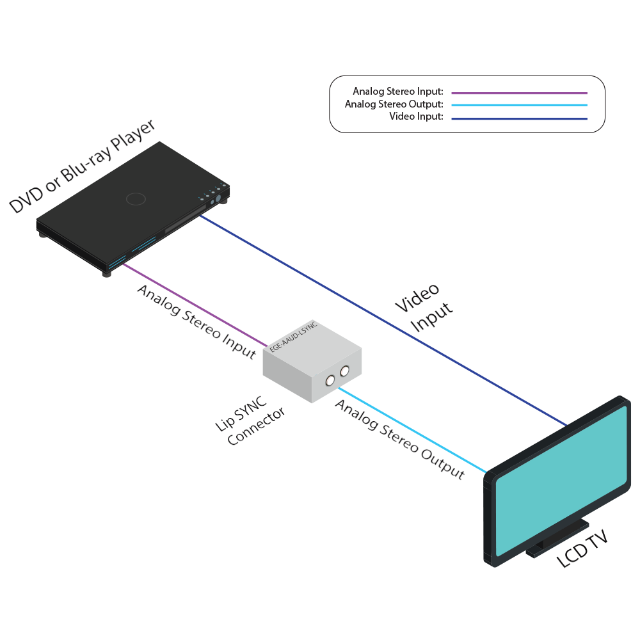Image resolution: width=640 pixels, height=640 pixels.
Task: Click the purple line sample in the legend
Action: (519, 93)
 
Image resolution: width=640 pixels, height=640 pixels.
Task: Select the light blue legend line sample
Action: (519, 105)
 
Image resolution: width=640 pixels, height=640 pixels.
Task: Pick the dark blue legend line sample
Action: (519, 118)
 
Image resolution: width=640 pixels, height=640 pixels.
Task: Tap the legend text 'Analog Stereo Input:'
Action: (397, 92)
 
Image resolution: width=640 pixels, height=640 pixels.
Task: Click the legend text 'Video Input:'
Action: (416, 117)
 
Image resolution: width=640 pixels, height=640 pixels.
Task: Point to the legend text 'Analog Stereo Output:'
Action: (394, 104)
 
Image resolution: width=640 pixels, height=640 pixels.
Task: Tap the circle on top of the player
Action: (136, 199)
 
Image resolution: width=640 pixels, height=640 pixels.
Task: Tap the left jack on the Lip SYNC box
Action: (330, 381)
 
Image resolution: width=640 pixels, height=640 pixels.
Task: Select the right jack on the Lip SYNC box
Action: (345, 371)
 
